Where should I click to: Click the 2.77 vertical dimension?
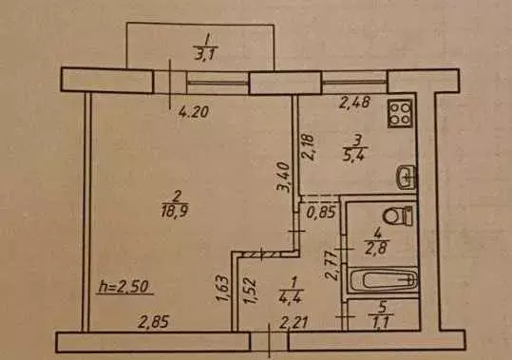(x=331, y=262)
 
